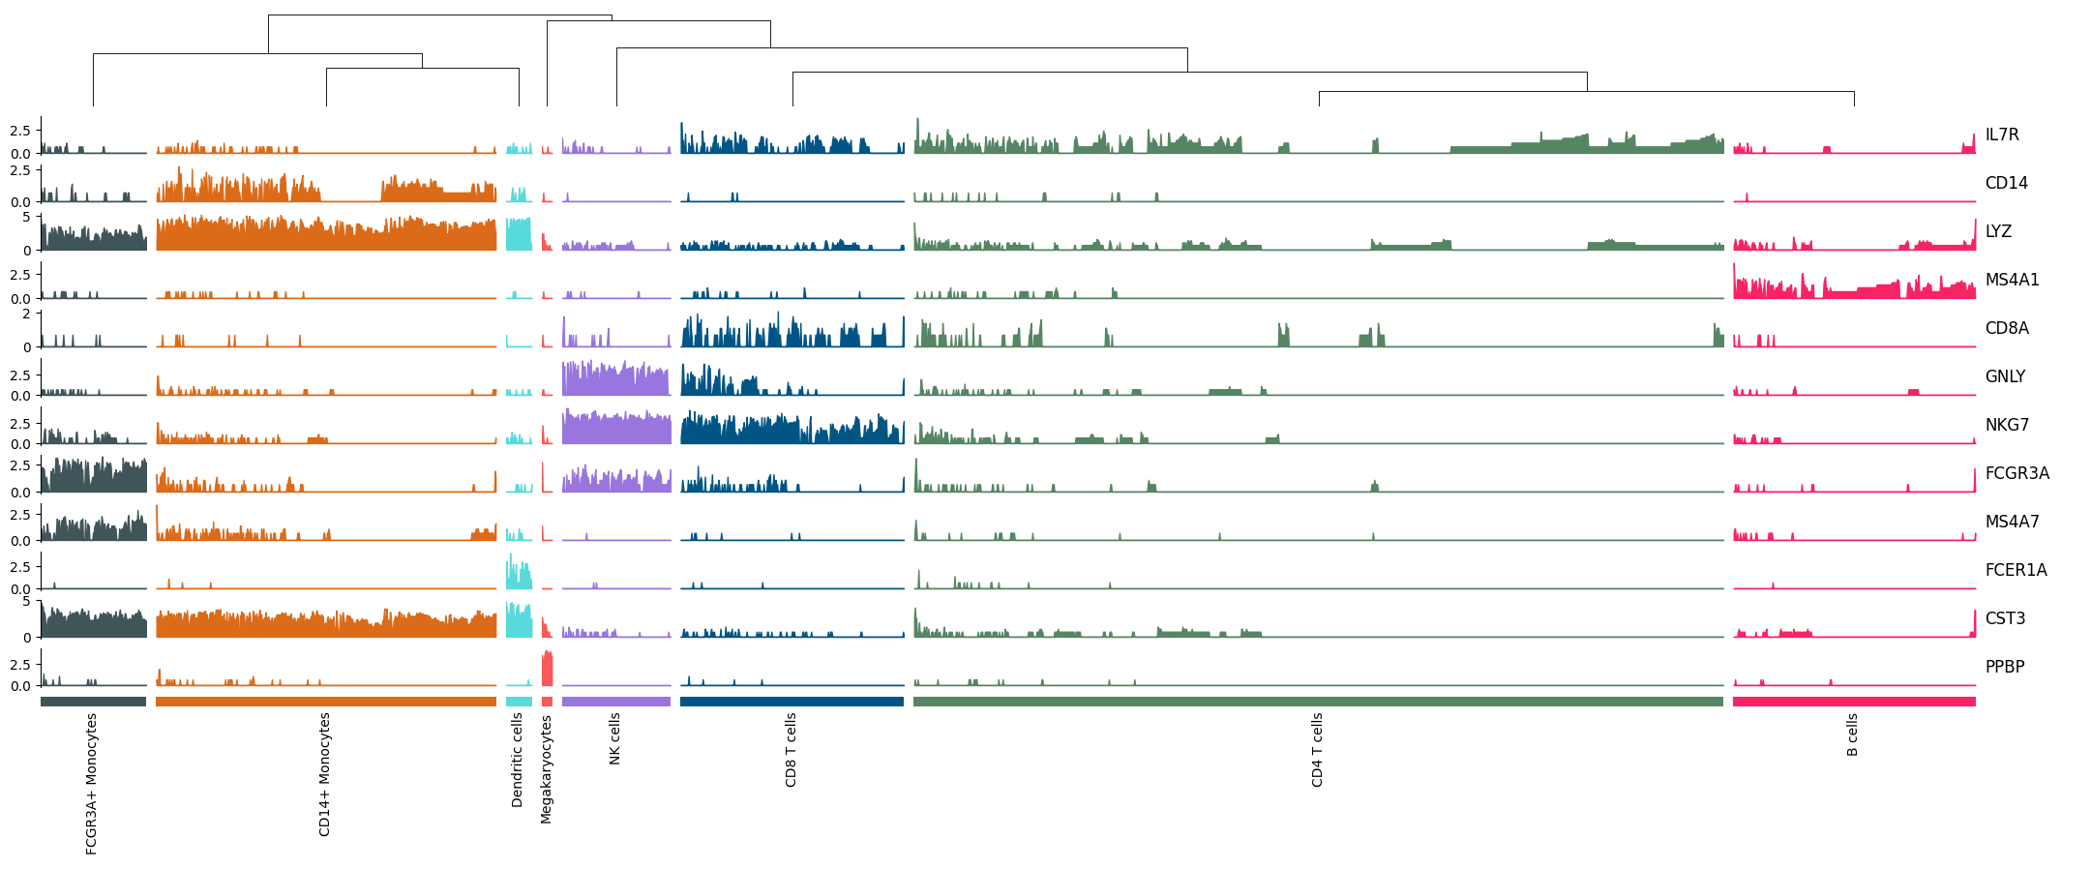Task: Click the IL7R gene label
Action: (x=2002, y=135)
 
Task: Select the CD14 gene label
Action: (x=2006, y=184)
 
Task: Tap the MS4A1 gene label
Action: (x=2012, y=281)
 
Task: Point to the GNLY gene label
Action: (x=2005, y=377)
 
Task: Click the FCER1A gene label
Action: (x=2016, y=571)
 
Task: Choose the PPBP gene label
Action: (x=2005, y=668)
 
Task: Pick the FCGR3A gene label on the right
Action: (x=2016, y=474)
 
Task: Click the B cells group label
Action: (x=1852, y=735)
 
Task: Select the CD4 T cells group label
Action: (x=1317, y=750)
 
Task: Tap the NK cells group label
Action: (x=615, y=739)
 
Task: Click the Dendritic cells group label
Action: (x=518, y=761)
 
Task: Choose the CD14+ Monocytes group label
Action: (x=325, y=774)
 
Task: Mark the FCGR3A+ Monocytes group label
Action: (x=92, y=784)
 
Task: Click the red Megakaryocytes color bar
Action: (x=547, y=702)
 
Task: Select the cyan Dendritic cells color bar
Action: (x=519, y=702)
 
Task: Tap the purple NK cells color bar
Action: (x=615, y=702)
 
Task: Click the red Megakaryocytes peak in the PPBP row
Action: (x=547, y=670)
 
